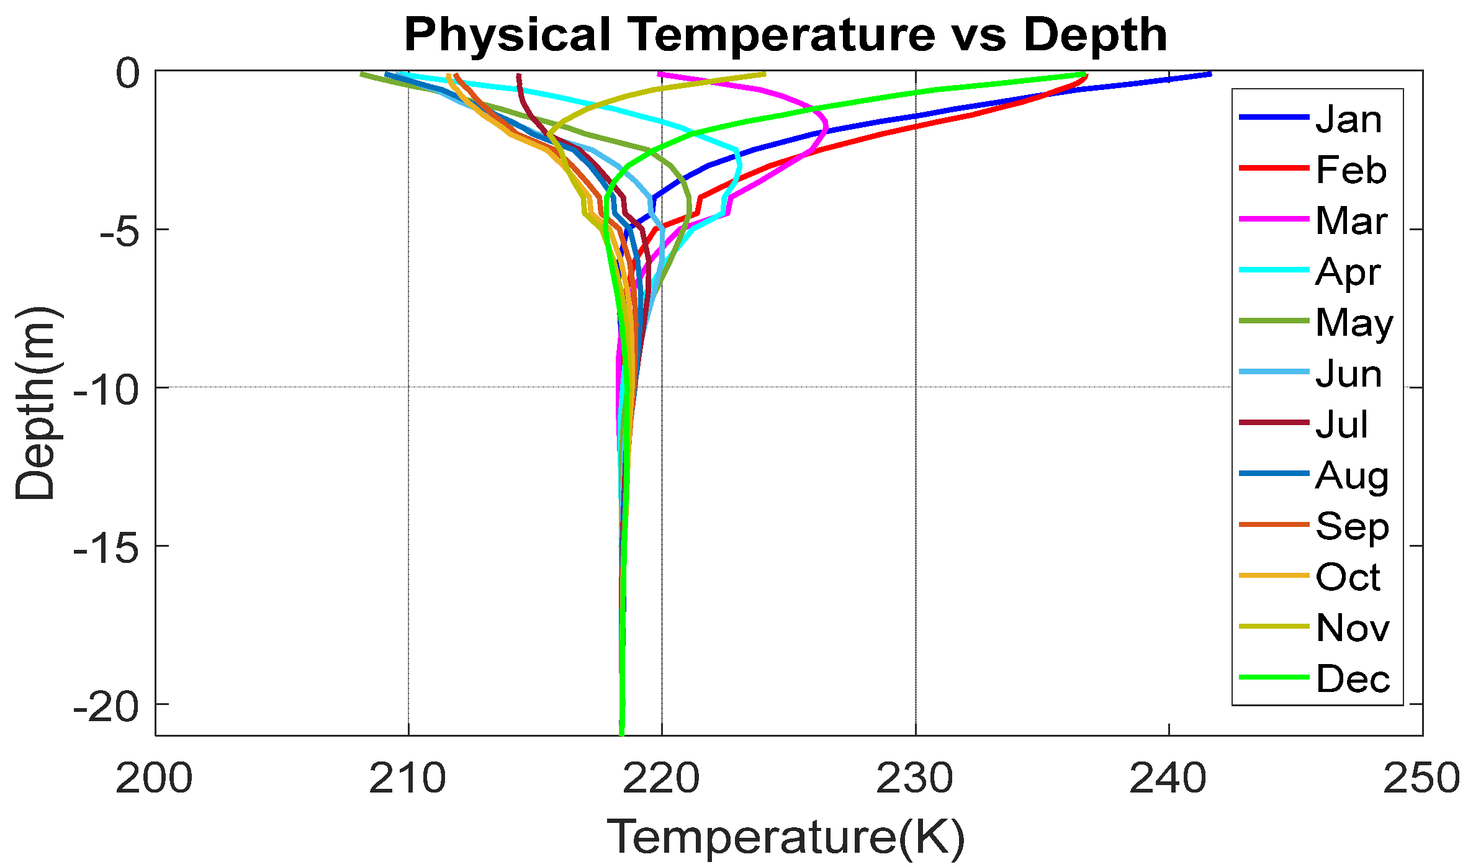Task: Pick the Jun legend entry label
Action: point(1349,373)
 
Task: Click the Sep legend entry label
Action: point(1352,526)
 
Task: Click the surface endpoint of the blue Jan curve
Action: point(1210,74)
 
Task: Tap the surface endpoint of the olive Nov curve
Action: point(765,74)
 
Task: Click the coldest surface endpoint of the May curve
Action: point(362,74)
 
